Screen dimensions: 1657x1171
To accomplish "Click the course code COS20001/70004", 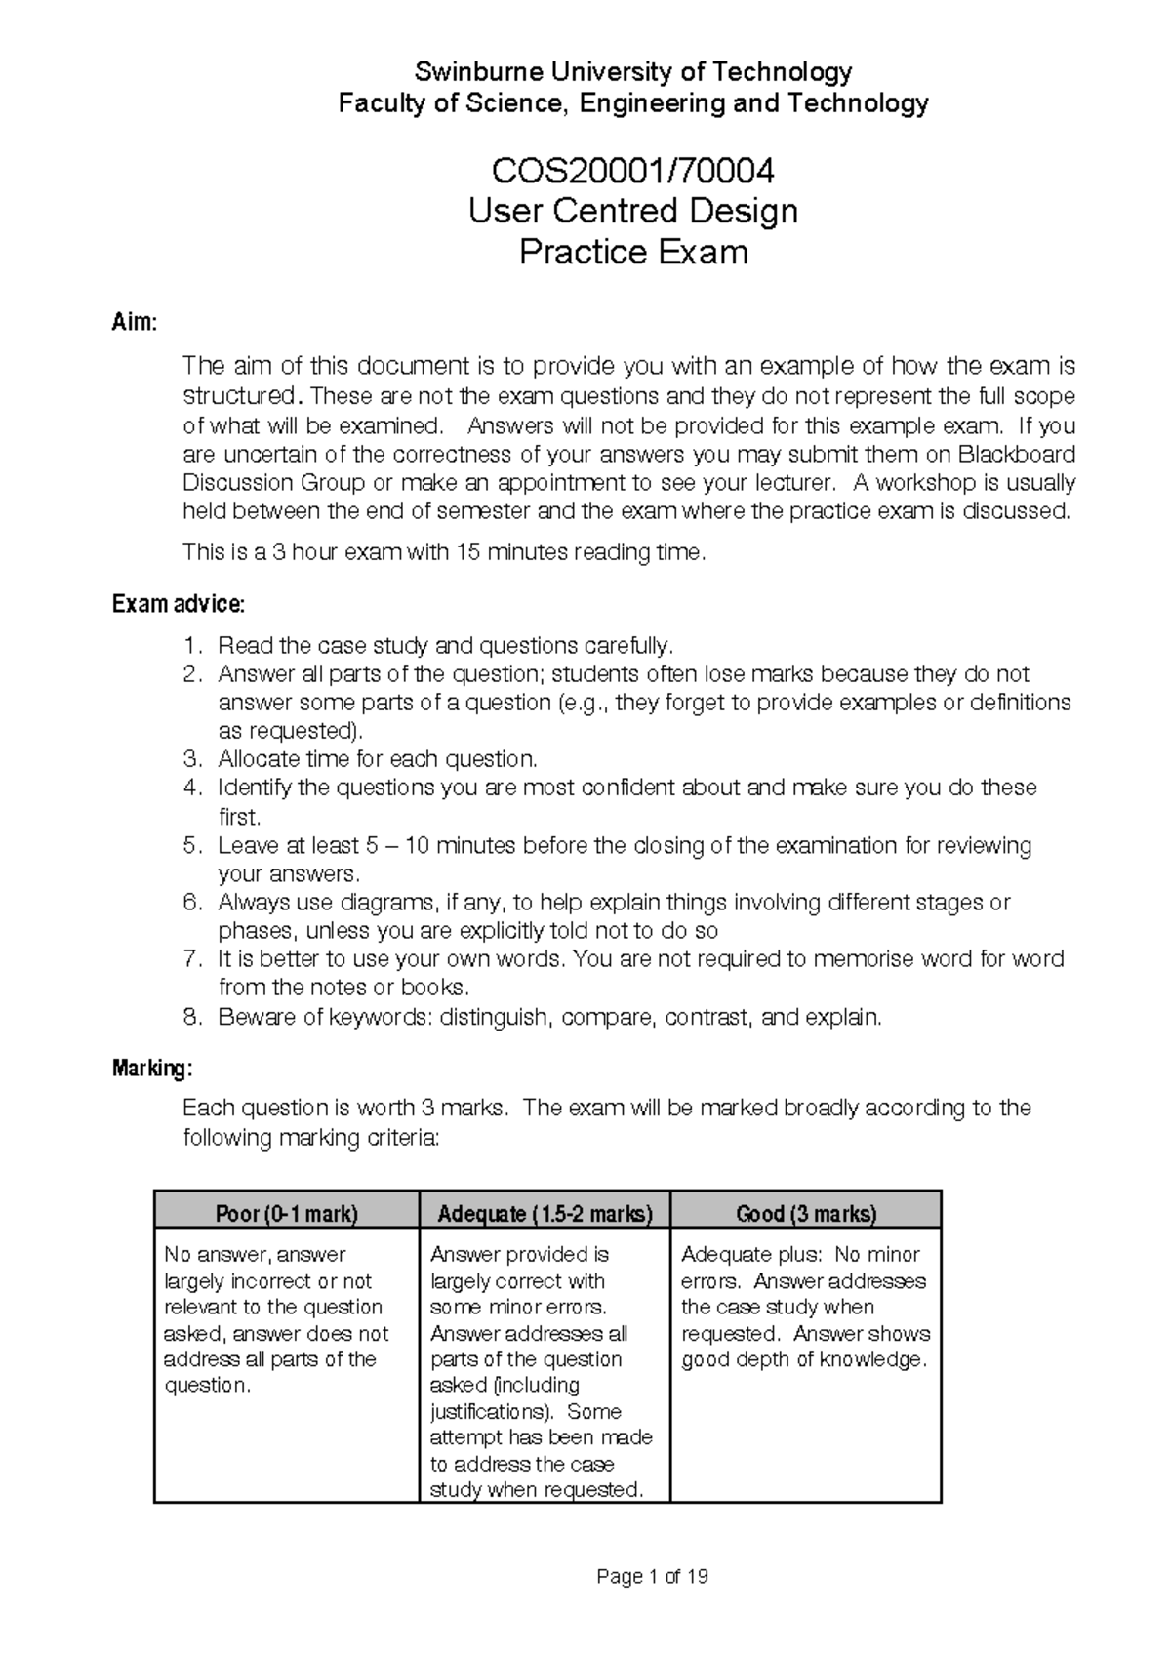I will [x=633, y=172].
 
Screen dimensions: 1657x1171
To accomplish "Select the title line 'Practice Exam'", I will [x=633, y=253].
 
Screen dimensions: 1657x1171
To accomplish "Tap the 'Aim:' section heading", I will [x=134, y=323].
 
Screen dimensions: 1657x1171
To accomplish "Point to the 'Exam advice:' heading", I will [x=179, y=604].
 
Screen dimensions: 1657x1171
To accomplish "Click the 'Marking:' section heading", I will [x=152, y=1069].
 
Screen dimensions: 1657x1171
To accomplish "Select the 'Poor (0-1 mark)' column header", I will [x=287, y=1214].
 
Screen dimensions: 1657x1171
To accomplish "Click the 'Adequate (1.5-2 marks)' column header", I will [x=545, y=1214].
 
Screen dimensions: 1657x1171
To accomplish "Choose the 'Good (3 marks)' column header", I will [x=806, y=1214].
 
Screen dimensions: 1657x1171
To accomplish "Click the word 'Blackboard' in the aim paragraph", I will [x=1017, y=454].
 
